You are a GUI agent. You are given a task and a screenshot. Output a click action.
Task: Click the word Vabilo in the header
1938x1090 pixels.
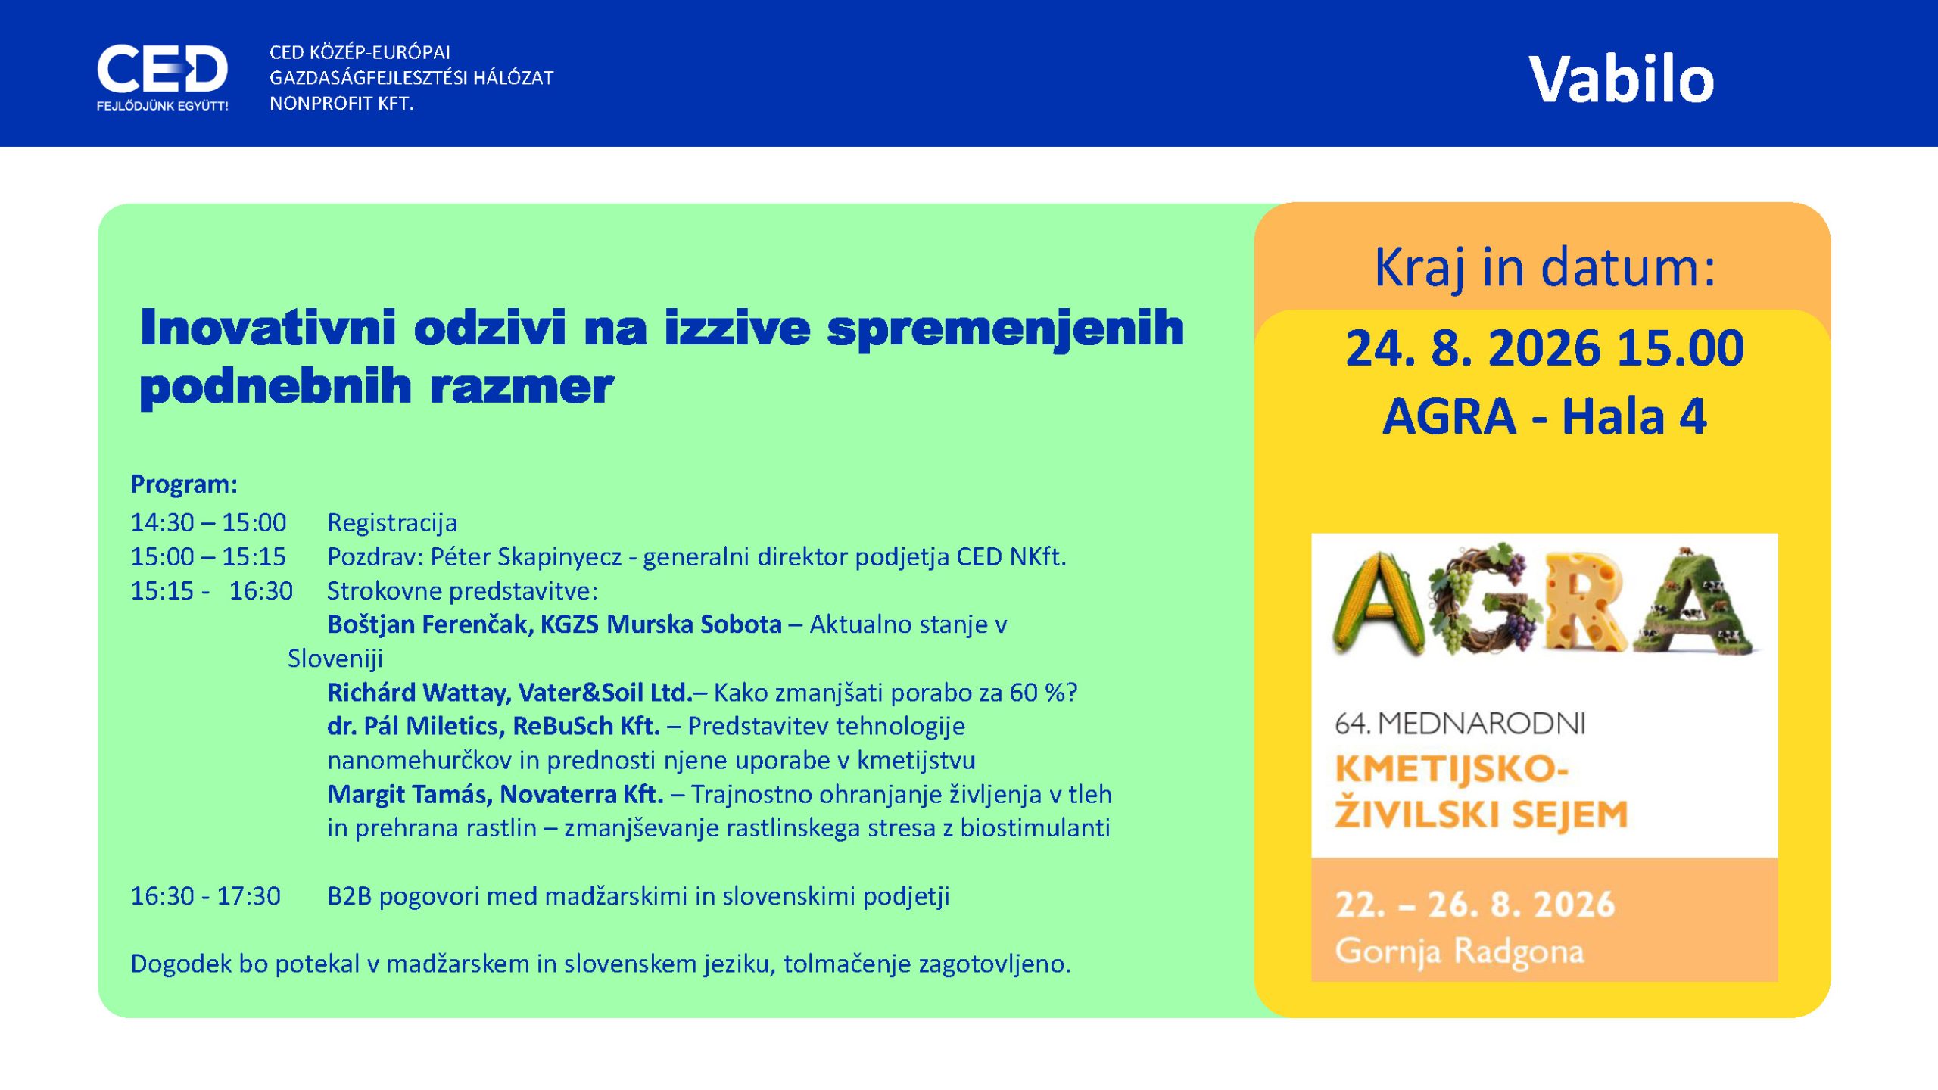click(x=1621, y=79)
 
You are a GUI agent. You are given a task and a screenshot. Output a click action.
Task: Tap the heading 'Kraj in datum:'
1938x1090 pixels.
click(x=1544, y=268)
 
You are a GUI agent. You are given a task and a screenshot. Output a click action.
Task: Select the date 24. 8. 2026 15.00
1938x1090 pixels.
click(x=1544, y=348)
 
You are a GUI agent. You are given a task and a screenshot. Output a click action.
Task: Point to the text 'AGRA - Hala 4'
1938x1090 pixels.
click(x=1544, y=416)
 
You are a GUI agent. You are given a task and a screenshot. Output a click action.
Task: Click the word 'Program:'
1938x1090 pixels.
click(x=184, y=484)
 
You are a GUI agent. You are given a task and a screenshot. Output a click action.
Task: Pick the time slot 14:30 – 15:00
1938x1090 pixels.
click(x=208, y=522)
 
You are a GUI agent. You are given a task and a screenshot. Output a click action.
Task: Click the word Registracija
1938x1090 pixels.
click(x=392, y=523)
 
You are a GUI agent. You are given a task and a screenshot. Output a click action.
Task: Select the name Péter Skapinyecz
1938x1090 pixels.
click(x=526, y=557)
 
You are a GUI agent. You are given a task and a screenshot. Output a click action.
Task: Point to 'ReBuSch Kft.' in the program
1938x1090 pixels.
click(x=586, y=726)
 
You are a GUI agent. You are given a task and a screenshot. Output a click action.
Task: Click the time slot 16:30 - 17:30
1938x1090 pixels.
click(x=205, y=896)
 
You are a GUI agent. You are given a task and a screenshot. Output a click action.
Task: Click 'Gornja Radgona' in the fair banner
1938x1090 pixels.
click(x=1459, y=951)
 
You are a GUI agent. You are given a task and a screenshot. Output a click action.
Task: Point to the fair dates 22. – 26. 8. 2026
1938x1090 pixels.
click(x=1475, y=905)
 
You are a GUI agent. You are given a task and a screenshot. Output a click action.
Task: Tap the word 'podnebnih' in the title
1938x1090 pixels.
click(x=276, y=388)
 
